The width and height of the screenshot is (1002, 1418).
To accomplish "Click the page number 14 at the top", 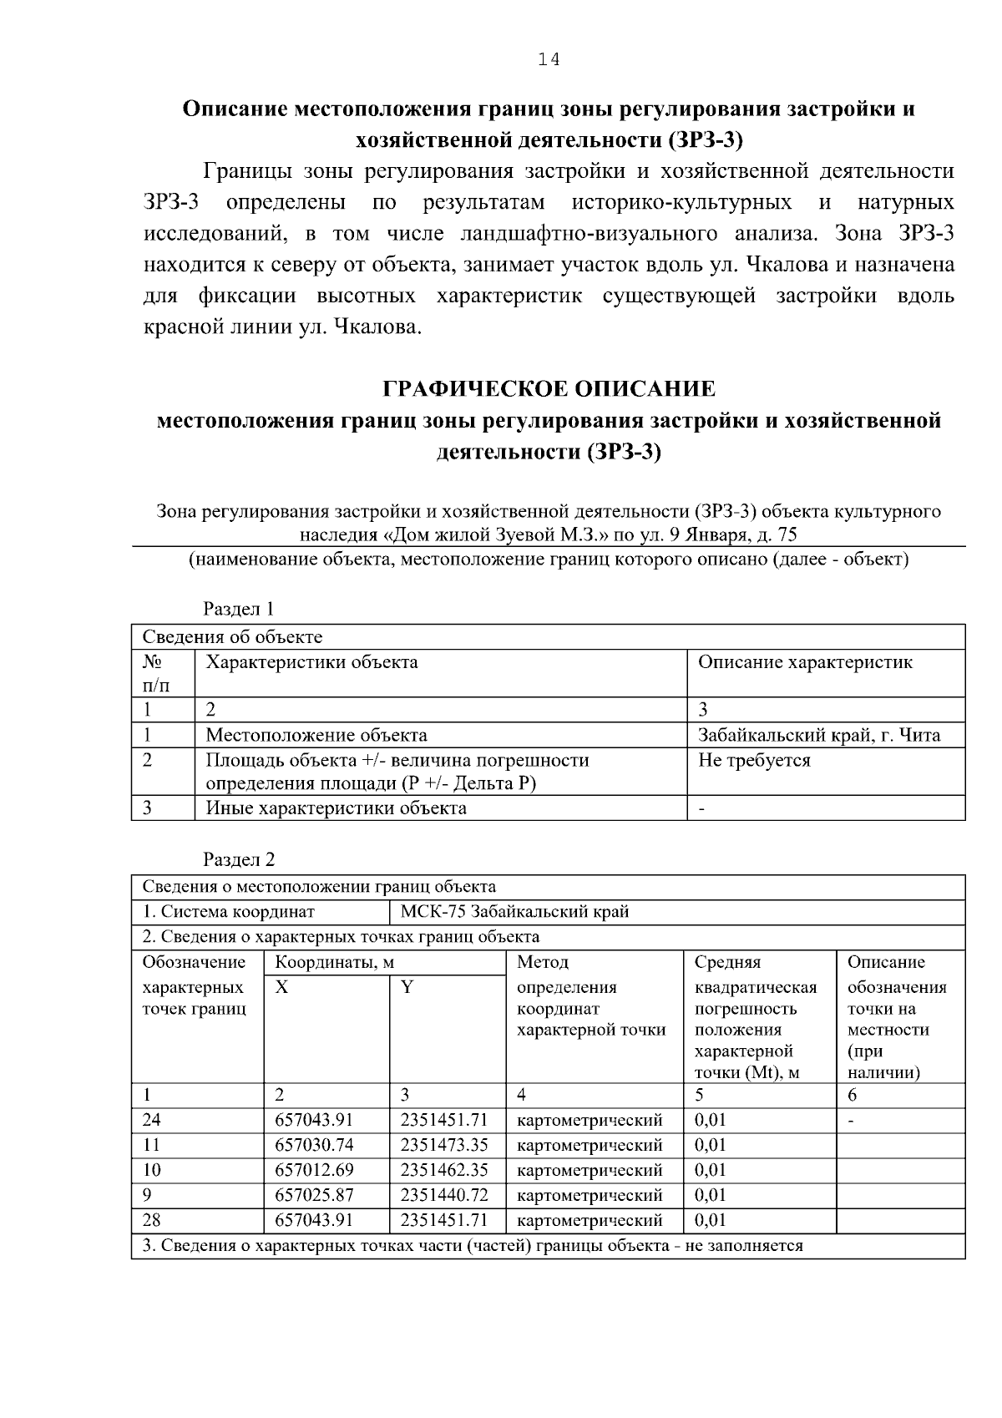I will (549, 59).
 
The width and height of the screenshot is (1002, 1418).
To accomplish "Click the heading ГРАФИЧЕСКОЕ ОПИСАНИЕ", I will (549, 389).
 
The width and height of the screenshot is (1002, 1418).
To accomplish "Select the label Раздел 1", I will (239, 610).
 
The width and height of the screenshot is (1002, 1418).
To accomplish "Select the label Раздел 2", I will (239, 860).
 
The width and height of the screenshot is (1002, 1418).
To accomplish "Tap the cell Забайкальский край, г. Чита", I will (818, 736).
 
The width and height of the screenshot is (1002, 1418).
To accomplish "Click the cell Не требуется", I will (754, 761).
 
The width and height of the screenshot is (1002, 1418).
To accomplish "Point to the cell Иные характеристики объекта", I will (336, 808).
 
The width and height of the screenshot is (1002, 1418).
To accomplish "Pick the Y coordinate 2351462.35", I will (443, 1170).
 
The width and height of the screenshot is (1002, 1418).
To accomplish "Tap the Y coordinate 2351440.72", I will (443, 1195).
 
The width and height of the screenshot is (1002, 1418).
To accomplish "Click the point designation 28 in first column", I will (151, 1220).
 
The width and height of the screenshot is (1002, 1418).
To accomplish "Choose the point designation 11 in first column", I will (151, 1145).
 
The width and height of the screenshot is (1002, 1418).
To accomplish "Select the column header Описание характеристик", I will (804, 663).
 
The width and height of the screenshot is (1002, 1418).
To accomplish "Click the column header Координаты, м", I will (334, 963).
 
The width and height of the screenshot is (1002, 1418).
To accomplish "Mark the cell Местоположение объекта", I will (316, 736).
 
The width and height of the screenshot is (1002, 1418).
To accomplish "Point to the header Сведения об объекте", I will (232, 638).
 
